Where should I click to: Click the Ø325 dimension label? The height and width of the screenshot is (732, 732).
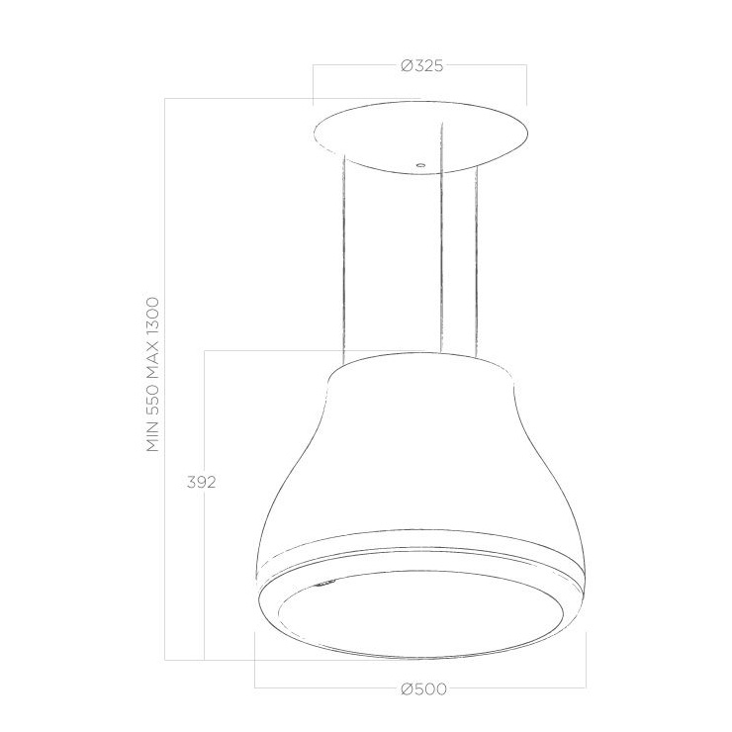point(421,66)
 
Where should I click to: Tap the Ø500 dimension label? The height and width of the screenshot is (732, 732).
point(423,688)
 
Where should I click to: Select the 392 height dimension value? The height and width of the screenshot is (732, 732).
point(201,482)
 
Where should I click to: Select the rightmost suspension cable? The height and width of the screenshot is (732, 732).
point(477,261)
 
